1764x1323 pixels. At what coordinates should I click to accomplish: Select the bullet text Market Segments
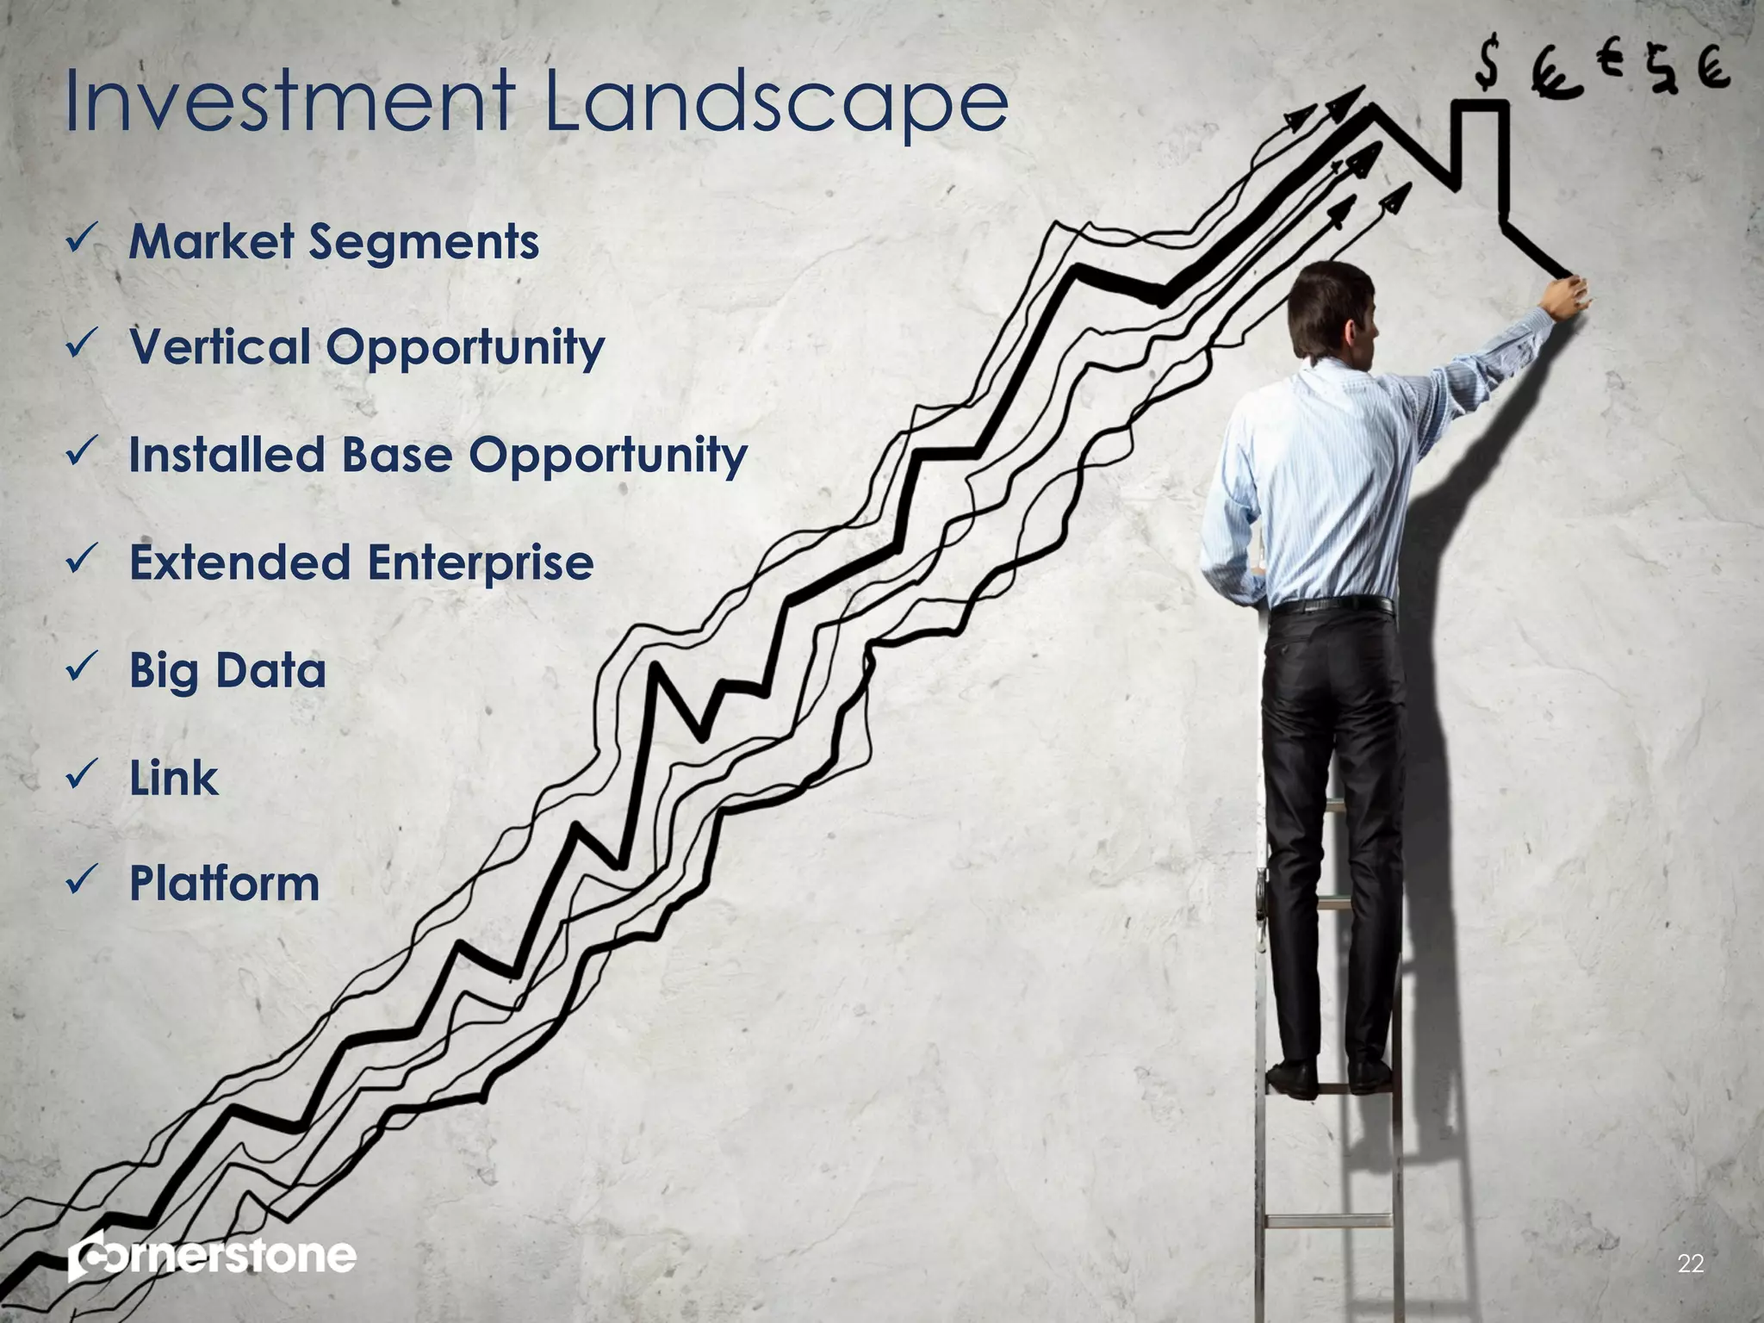(x=334, y=242)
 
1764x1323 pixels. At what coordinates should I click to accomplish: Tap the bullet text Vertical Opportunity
(x=367, y=349)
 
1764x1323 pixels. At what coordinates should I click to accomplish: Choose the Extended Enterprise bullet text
(x=362, y=562)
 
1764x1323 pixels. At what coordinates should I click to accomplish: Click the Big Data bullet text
(x=228, y=671)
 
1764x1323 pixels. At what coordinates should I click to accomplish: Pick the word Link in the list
(x=174, y=779)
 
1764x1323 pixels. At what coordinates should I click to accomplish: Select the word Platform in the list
(x=225, y=884)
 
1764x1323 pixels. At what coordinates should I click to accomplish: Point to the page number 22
(x=1691, y=1264)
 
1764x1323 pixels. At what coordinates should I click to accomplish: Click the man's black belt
(x=1331, y=606)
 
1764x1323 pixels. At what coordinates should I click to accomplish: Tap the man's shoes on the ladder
(x=1331, y=1077)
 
